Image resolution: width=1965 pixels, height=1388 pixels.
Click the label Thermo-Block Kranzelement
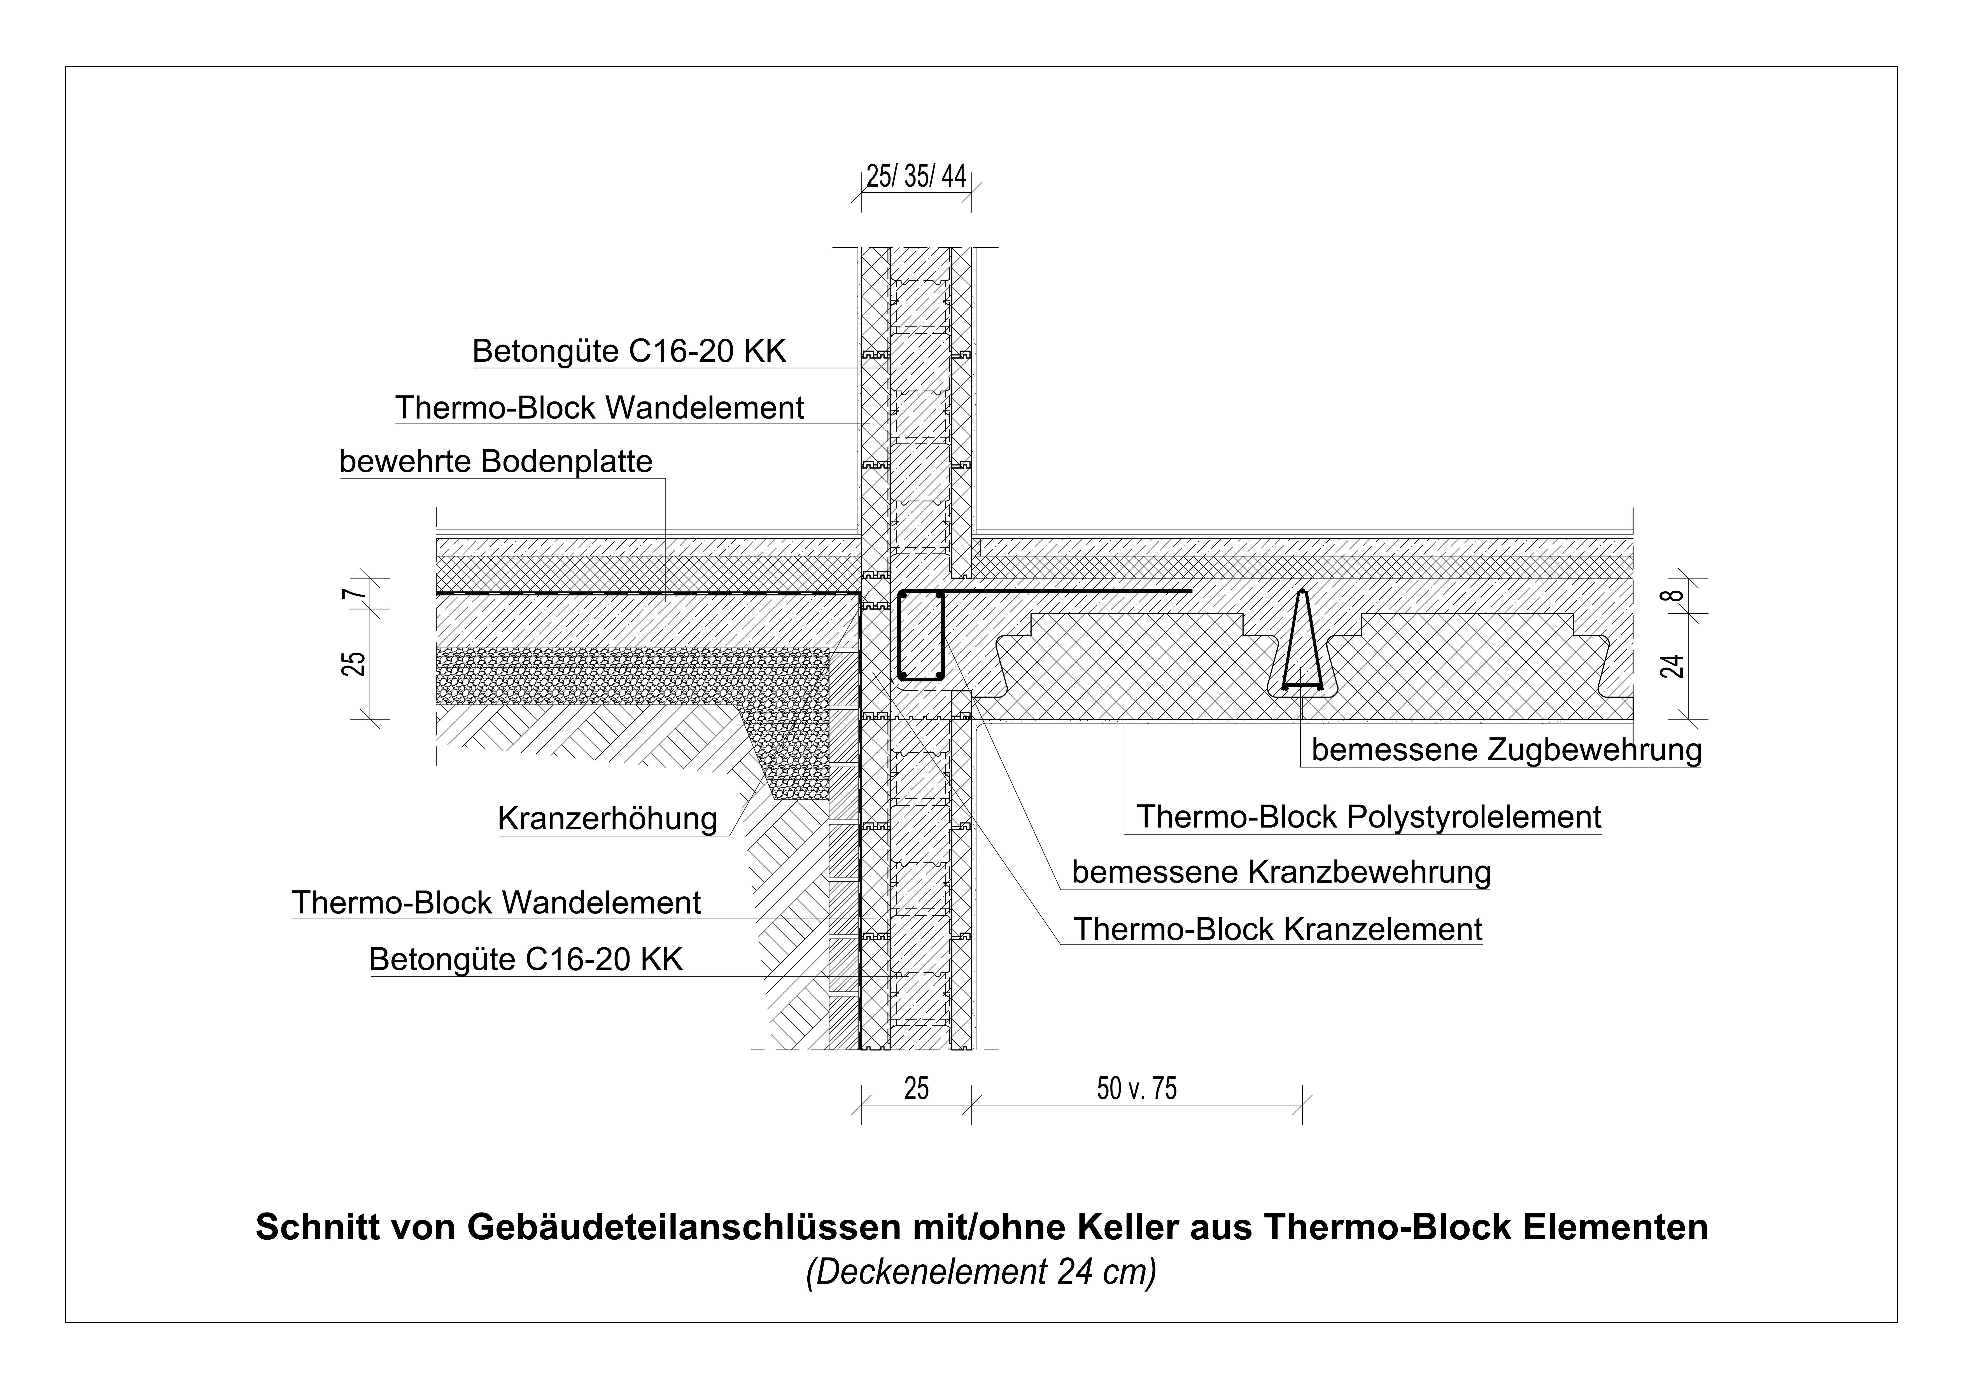tap(1278, 929)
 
